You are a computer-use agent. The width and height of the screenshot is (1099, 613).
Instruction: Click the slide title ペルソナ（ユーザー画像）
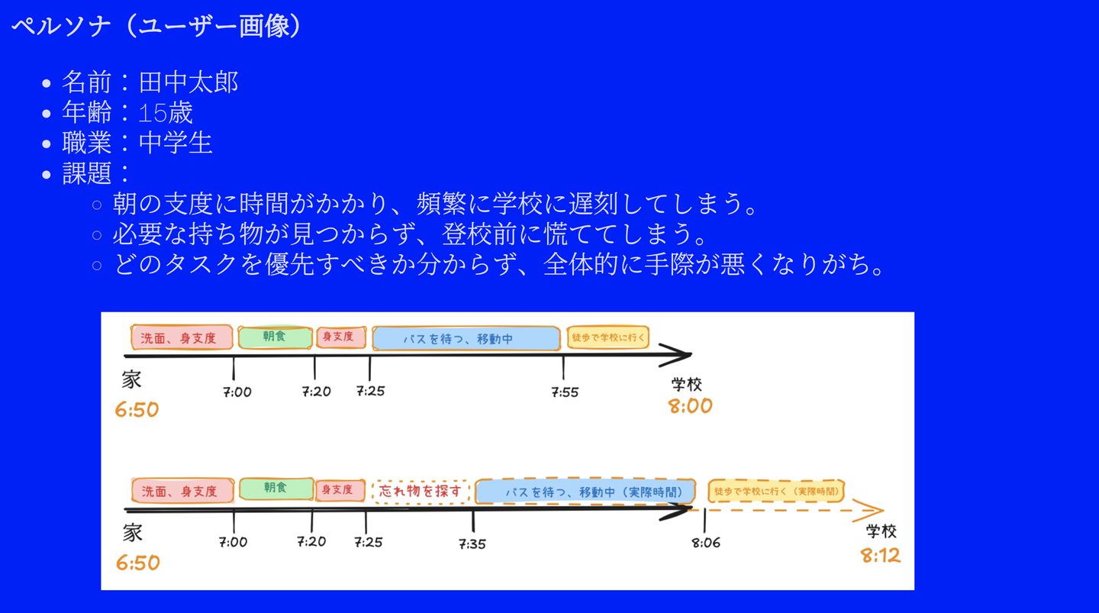(x=156, y=25)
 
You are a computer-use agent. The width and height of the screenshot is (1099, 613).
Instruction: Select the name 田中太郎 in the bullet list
(x=189, y=82)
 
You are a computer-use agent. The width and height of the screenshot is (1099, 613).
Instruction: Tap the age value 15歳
(x=166, y=113)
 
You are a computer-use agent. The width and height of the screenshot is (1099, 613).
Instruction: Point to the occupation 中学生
(x=176, y=143)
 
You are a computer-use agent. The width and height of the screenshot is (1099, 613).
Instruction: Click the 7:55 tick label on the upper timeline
(x=565, y=392)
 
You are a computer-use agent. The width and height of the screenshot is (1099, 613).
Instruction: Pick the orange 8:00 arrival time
(x=690, y=406)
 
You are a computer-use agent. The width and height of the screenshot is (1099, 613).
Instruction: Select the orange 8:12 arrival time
(x=881, y=556)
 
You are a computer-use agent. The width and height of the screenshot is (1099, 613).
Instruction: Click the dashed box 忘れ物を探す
(x=421, y=491)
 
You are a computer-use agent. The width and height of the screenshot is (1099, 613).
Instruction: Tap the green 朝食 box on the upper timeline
(x=276, y=337)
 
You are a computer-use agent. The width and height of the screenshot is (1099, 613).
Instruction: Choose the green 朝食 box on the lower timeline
(x=276, y=489)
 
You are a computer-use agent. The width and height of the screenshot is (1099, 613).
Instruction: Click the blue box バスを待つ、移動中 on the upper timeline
(x=466, y=338)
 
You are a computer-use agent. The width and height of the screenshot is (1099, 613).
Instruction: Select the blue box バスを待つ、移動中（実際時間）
(x=585, y=491)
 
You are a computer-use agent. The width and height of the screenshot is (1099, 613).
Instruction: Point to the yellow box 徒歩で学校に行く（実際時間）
(x=776, y=491)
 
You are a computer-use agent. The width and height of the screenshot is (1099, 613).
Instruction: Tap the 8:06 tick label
(x=706, y=543)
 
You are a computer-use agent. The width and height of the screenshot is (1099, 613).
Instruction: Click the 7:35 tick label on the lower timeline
(x=472, y=544)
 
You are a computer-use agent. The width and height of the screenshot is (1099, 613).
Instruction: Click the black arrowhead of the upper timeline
(x=677, y=355)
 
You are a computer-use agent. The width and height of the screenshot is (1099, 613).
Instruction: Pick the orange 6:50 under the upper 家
(x=137, y=409)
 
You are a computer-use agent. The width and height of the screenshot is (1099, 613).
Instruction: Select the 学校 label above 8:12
(x=881, y=531)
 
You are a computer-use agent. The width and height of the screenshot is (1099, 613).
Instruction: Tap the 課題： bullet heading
(x=96, y=173)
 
